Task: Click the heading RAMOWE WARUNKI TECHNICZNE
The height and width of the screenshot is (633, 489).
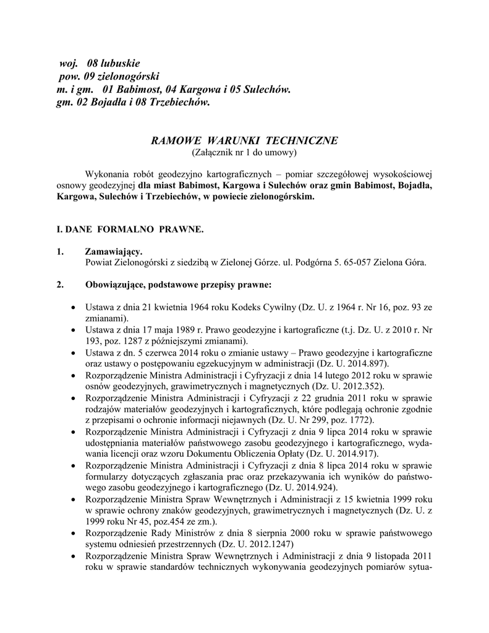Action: click(x=244, y=140)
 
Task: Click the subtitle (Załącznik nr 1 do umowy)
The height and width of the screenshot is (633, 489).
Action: click(x=244, y=151)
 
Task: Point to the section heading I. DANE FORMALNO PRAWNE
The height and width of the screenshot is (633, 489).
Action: click(x=129, y=229)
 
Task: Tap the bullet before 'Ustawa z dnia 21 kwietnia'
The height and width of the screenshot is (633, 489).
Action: click(x=74, y=307)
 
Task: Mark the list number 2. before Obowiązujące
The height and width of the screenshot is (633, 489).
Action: click(x=60, y=285)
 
